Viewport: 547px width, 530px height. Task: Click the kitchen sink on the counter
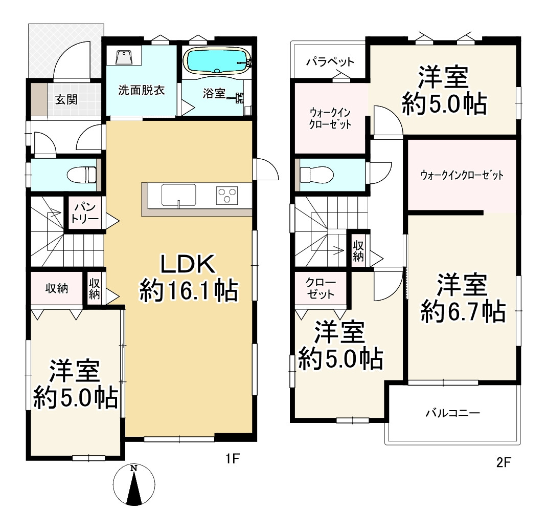[x=178, y=195]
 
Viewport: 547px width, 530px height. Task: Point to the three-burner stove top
[x=227, y=195]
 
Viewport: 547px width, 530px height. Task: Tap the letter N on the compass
[x=133, y=469]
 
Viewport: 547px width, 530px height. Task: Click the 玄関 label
[x=66, y=99]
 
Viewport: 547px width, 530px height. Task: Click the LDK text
[x=188, y=264]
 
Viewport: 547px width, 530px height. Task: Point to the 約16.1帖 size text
[x=189, y=291]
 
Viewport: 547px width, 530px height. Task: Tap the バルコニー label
[x=452, y=413]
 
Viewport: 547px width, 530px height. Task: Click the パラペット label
[x=330, y=62]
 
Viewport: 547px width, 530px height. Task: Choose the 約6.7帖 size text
[x=463, y=312]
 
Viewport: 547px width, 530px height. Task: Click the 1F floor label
[x=233, y=458]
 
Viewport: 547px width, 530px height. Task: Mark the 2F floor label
[x=504, y=462]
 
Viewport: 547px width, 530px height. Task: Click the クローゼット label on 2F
[x=321, y=289]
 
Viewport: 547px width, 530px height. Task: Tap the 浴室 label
[x=214, y=93]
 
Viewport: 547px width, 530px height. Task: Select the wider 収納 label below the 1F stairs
[x=57, y=289]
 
